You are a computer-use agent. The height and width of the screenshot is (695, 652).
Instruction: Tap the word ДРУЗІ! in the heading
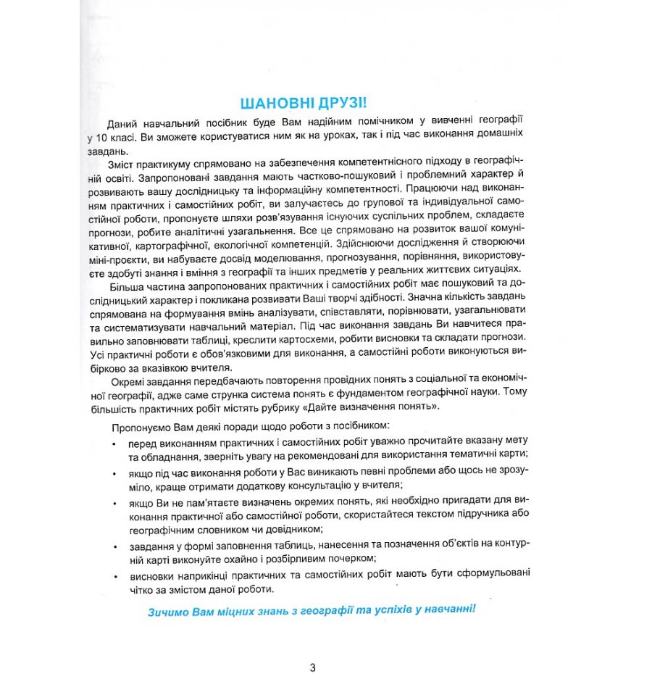[345, 101]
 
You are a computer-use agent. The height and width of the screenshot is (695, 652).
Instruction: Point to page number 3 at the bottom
[312, 668]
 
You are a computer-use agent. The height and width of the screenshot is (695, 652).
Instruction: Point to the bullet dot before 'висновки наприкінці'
[114, 576]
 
